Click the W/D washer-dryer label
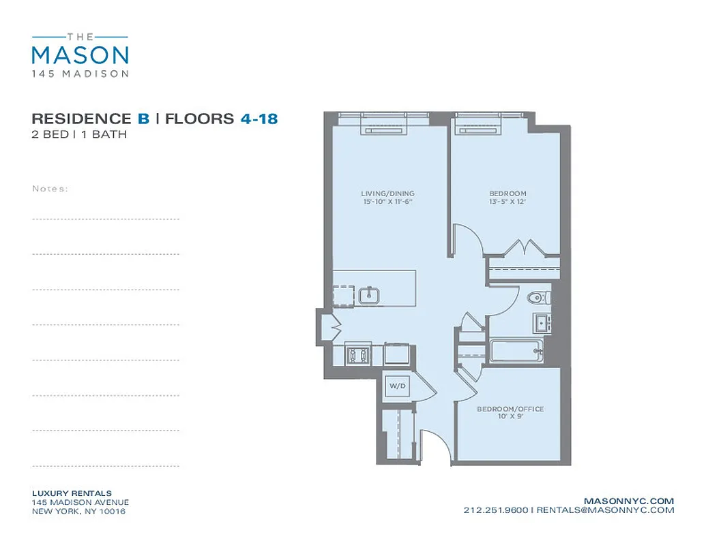[x=398, y=386]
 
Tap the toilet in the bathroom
[x=539, y=296]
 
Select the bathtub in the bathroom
[x=516, y=351]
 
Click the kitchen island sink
[x=369, y=294]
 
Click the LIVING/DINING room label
[x=387, y=193]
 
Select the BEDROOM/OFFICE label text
[x=510, y=409]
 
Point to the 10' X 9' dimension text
[x=510, y=417]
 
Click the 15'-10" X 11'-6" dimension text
[x=387, y=202]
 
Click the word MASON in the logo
[x=80, y=54]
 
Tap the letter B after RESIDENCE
[x=143, y=119]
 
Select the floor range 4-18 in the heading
[x=259, y=119]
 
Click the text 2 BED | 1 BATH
[x=79, y=134]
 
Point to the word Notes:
[x=50, y=189]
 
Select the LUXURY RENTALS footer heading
[x=72, y=493]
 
